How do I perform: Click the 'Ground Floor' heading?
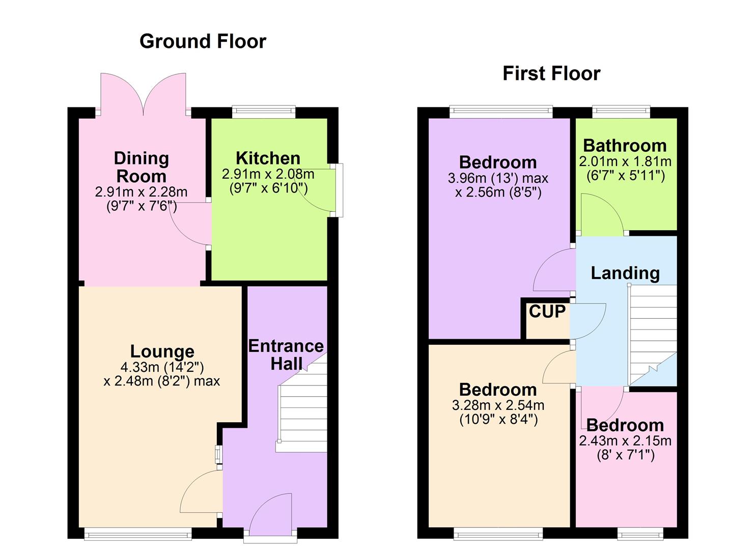(203, 41)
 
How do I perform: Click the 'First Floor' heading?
(551, 73)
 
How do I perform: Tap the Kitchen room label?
(268, 158)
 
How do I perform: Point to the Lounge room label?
(162, 351)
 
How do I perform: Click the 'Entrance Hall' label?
(286, 355)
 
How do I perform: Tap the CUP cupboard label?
(547, 311)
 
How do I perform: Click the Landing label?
(625, 273)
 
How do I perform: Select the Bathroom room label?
(625, 146)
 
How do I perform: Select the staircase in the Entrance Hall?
(301, 418)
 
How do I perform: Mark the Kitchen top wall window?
(264, 112)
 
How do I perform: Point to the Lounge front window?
(137, 533)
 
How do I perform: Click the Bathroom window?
(621, 112)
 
